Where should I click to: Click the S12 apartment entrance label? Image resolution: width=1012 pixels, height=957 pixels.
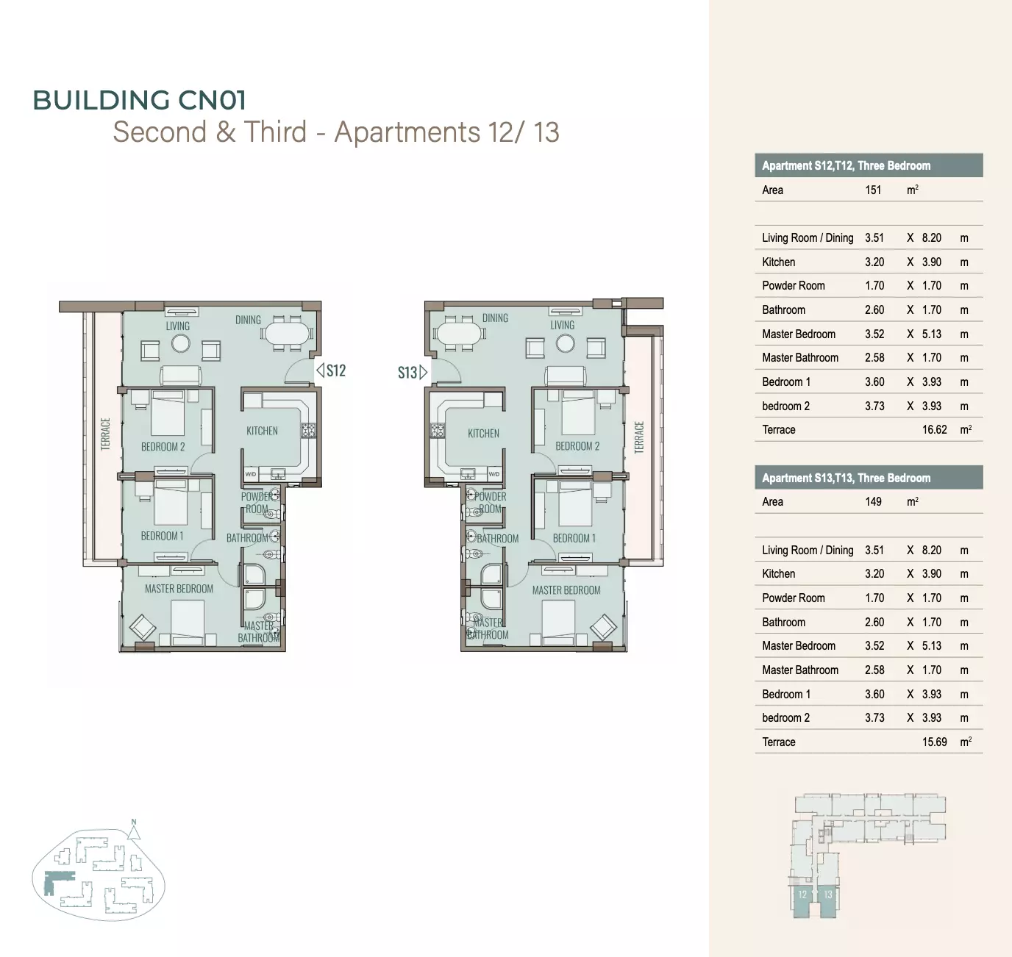point(336,370)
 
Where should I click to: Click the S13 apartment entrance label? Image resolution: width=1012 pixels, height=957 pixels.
point(407,373)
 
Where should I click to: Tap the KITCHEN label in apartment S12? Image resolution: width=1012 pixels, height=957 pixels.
point(262,431)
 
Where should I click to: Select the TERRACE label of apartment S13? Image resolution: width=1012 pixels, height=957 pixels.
point(639,437)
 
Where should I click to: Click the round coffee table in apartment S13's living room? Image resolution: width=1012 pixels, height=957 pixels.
point(565,343)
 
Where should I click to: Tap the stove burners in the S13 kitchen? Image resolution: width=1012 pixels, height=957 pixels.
point(438,430)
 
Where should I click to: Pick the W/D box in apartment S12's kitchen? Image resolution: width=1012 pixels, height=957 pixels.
point(251,474)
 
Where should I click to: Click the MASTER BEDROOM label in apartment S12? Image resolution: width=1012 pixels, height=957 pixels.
point(179,589)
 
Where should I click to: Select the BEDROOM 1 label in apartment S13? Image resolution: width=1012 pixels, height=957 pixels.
point(574,538)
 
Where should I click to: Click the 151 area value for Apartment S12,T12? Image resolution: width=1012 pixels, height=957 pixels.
point(873,190)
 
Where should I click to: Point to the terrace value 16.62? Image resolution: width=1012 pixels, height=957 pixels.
point(934,429)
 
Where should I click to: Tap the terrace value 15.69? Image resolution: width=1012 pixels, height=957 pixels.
point(934,742)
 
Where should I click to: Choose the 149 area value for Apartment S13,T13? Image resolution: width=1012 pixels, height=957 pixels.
point(873,501)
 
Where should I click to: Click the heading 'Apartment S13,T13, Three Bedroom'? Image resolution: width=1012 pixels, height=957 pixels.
point(847,478)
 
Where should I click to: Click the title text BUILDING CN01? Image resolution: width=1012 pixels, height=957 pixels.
point(140,100)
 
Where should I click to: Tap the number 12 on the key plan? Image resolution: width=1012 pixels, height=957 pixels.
point(802,895)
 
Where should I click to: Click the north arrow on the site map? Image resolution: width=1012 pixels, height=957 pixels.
point(134,830)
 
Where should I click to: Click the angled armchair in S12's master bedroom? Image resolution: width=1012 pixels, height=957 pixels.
point(142,627)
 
